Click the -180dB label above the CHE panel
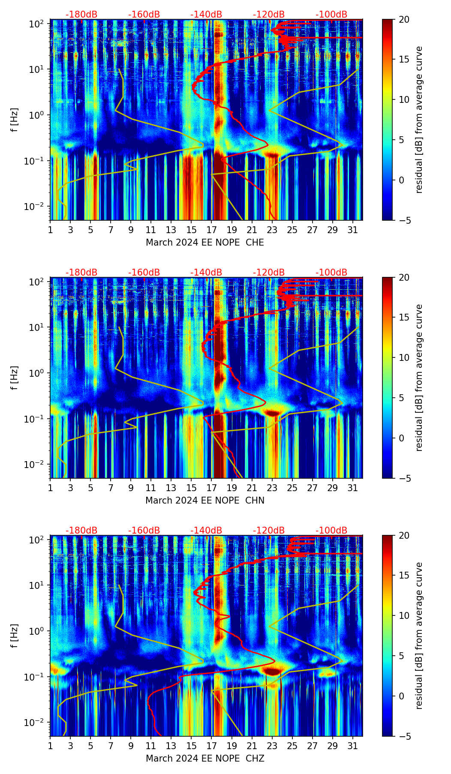click(x=81, y=15)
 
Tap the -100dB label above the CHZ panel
click(x=331, y=531)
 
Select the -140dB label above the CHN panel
click(x=206, y=273)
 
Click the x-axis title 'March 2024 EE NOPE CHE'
click(x=204, y=243)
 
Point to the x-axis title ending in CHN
click(x=204, y=501)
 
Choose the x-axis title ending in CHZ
click(x=204, y=759)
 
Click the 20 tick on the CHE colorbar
click(x=404, y=19)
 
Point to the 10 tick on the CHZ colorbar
click(x=404, y=615)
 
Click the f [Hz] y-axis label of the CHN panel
click(x=14, y=378)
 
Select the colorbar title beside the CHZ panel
click(x=419, y=636)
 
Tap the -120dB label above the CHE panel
click(x=269, y=15)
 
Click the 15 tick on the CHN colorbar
click(x=404, y=318)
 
